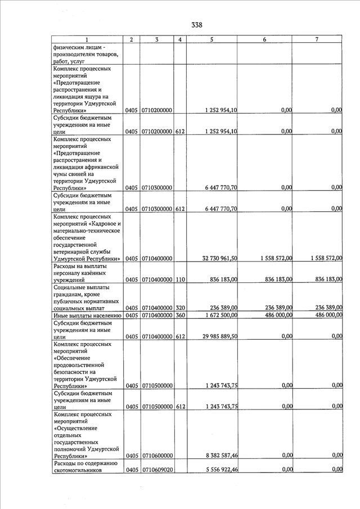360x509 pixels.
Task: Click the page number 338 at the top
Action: (196, 25)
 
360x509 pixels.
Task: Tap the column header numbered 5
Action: (211, 39)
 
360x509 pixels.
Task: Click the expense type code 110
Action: (180, 280)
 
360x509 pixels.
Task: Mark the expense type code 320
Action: (180, 308)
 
